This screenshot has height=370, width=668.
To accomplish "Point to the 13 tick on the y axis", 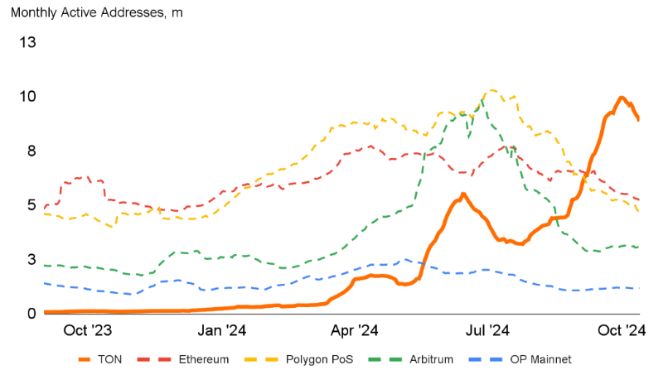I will tap(27, 41).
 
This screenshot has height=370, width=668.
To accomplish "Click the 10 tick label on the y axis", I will tap(27, 96).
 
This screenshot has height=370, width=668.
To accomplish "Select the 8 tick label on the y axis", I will tap(31, 151).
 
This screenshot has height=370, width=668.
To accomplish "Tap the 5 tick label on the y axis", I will tap(31, 204).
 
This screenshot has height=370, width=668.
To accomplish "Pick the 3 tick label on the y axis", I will tap(31, 259).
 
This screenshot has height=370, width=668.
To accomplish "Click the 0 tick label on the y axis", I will tap(31, 313).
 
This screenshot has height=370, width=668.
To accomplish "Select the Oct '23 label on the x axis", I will tap(88, 331).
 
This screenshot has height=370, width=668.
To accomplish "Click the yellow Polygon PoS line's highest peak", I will tap(492, 89).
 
